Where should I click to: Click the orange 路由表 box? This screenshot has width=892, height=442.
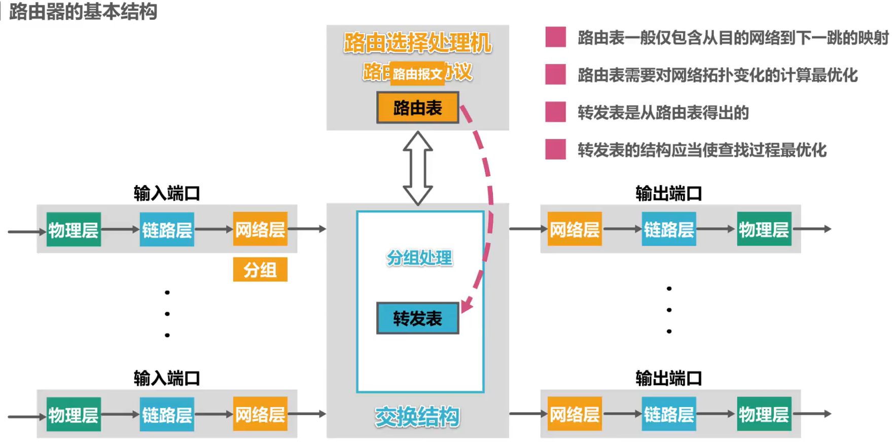coord(417,107)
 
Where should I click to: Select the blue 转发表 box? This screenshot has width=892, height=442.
coord(417,318)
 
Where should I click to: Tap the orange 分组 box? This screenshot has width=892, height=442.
coord(260,270)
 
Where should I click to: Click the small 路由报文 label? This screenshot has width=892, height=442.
coord(417,74)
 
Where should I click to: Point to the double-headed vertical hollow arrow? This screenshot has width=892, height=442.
coord(417,168)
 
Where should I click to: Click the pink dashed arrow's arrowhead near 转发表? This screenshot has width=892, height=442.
coord(467,305)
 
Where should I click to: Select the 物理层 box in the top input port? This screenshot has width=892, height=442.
coord(74,230)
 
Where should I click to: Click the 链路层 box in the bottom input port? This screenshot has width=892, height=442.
coord(167,415)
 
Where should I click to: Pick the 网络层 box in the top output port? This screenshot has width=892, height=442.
coord(575,230)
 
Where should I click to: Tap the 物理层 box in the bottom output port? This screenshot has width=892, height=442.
coord(764,415)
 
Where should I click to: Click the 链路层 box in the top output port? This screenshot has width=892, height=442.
coord(668,230)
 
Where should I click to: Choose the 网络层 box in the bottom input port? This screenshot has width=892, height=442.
coord(260,415)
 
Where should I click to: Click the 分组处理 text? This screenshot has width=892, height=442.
coord(419,258)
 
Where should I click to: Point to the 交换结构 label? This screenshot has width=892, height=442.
coord(417,417)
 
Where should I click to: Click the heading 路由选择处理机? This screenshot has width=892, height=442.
coord(417,43)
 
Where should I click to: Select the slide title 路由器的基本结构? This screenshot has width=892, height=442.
coord(83,11)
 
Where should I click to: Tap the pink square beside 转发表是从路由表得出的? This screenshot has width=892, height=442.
coord(555,112)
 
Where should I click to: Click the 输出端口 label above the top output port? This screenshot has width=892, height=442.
coord(668,194)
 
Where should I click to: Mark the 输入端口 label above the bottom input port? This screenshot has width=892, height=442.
coord(167,378)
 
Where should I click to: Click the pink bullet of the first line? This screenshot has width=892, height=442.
coord(555,37)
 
